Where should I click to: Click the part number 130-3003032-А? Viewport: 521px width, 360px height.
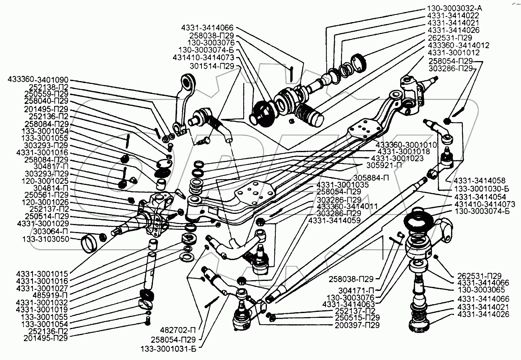(x=454, y=8)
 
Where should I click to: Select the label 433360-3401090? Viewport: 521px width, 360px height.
(x=38, y=80)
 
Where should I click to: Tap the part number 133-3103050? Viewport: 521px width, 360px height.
(x=46, y=239)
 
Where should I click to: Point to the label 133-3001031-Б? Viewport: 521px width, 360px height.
(x=169, y=349)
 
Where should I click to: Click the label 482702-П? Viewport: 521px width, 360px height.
(x=178, y=330)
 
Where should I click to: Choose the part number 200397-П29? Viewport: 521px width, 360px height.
(x=357, y=325)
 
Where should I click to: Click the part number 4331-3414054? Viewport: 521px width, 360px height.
(x=480, y=197)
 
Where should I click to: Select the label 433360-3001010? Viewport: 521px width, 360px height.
(x=406, y=144)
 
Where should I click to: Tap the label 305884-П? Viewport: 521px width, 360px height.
(x=371, y=178)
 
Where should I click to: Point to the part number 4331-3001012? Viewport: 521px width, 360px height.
(x=454, y=53)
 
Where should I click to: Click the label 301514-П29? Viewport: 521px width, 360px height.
(x=212, y=66)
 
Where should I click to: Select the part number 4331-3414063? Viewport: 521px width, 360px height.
(x=348, y=304)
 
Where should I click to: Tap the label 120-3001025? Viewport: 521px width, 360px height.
(x=45, y=181)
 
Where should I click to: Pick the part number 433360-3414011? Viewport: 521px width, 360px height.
(x=347, y=206)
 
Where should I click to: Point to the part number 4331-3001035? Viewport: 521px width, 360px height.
(x=342, y=185)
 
